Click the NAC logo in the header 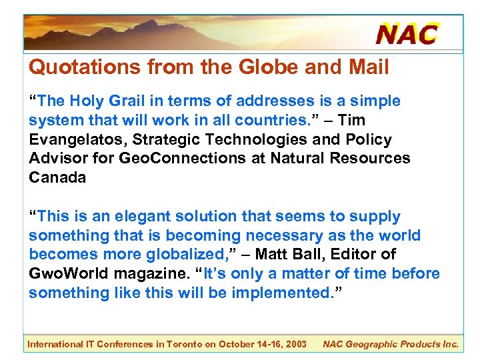[407, 34]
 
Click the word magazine [158, 274]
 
